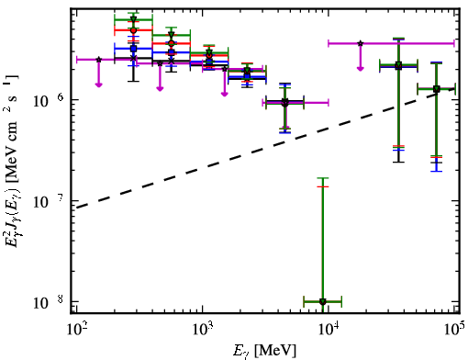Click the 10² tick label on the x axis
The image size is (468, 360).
click(77, 329)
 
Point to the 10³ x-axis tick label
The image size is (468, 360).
click(203, 329)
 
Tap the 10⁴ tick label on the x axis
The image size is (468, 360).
click(329, 329)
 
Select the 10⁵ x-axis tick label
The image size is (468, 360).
click(455, 329)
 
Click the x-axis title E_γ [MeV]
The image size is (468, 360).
click(264, 351)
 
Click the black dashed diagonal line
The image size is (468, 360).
click(265, 148)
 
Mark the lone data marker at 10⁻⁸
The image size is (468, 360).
click(323, 301)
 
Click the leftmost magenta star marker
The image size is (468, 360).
click(99, 60)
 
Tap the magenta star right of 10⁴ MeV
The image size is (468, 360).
click(361, 43)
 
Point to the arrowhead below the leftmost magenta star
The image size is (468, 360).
click(98, 84)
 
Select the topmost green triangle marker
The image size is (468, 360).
click(133, 19)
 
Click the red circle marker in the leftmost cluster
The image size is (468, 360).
click(133, 30)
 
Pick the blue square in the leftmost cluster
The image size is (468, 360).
click(133, 49)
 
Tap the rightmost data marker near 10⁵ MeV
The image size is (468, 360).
click(437, 89)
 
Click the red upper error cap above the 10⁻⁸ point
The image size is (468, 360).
click(323, 186)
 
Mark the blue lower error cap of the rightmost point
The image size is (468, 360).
click(437, 171)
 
